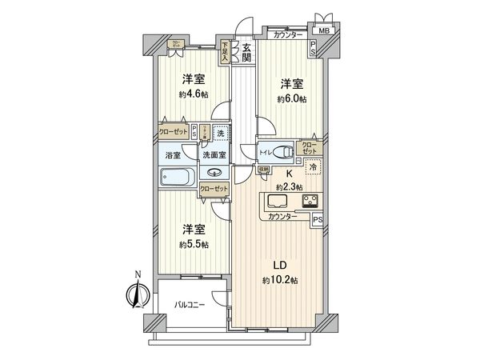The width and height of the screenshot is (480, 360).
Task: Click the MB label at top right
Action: (x=324, y=32)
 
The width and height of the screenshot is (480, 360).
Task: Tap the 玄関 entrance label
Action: (x=246, y=53)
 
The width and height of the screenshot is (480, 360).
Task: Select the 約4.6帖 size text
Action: (x=193, y=94)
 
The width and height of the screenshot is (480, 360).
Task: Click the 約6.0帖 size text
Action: (x=292, y=99)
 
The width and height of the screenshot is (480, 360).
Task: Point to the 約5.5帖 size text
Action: (x=193, y=244)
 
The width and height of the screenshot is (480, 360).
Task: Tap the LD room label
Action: (x=280, y=265)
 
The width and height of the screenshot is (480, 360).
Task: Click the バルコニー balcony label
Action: (x=191, y=305)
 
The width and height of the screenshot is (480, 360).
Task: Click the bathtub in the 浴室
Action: (x=178, y=177)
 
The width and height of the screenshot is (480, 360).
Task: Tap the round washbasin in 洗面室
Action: (x=214, y=173)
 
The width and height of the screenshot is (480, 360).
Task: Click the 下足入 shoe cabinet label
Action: (x=226, y=52)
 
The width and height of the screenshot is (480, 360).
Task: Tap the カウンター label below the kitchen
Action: (x=283, y=218)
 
